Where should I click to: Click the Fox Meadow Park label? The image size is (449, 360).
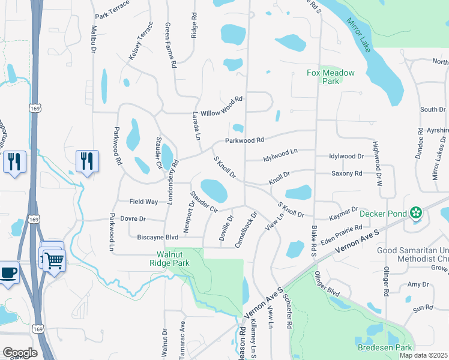pos(331,77)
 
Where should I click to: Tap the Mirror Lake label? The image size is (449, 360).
pos(361,35)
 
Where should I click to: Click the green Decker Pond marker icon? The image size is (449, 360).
pos(415,212)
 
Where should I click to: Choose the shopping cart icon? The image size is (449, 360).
pos(53,260)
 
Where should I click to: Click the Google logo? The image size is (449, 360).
pos(19,352)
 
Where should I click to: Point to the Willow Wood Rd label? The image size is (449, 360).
pos(221,106)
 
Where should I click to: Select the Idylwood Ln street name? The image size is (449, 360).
pos(281,155)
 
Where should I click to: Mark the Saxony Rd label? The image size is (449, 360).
pos(347,173)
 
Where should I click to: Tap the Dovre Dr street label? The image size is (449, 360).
pos(133,219)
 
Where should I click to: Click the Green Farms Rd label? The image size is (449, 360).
pos(170,44)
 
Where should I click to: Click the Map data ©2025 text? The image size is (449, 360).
pos(423,355)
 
